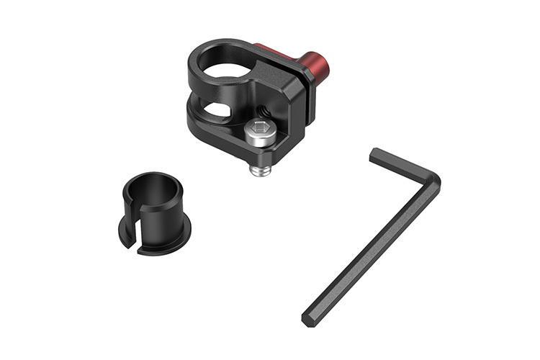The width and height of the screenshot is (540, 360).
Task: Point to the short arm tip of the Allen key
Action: [375, 155]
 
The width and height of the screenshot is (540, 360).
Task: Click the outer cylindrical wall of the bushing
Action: [162, 212]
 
